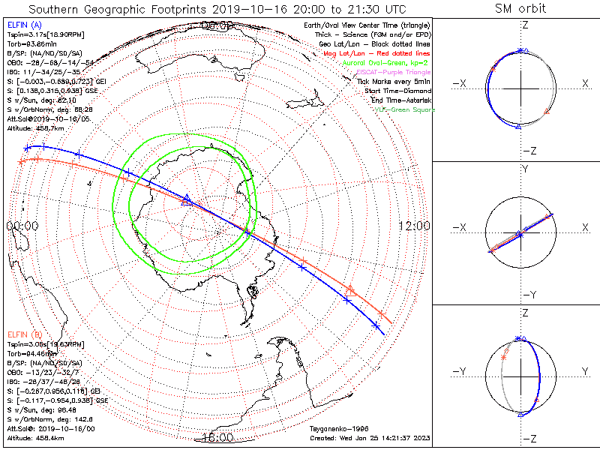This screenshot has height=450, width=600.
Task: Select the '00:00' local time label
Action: click(22, 226)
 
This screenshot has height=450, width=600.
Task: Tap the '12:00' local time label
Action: click(413, 226)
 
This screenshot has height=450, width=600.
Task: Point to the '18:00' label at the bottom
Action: click(217, 437)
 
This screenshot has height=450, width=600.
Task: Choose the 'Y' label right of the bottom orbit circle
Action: click(584, 371)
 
